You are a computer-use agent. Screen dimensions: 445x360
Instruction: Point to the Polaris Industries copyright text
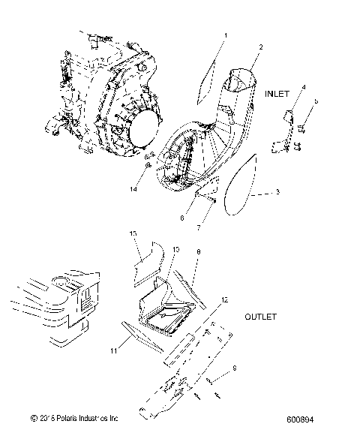click(x=73, y=417)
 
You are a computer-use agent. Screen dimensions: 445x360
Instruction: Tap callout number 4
click(x=304, y=88)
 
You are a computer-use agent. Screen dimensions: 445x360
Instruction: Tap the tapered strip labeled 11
click(x=142, y=334)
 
